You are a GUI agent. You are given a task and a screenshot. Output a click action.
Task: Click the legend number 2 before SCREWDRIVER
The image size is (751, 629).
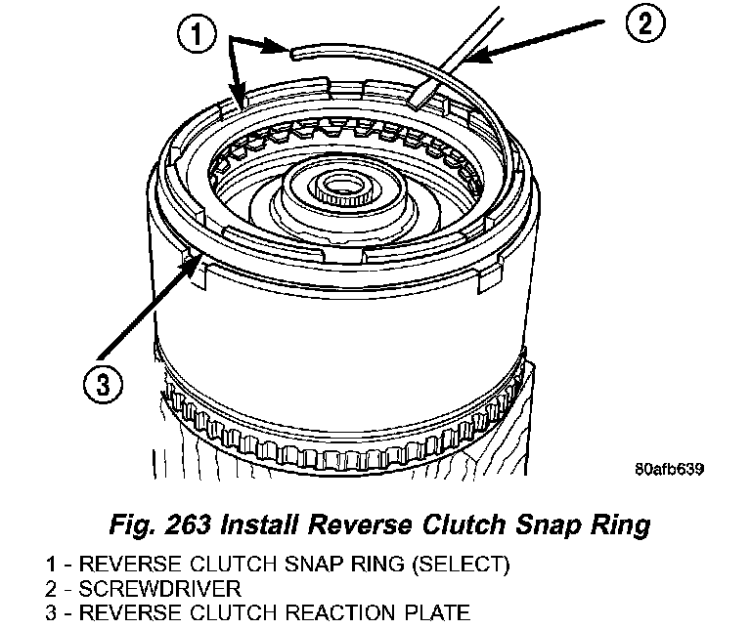(x=50, y=589)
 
